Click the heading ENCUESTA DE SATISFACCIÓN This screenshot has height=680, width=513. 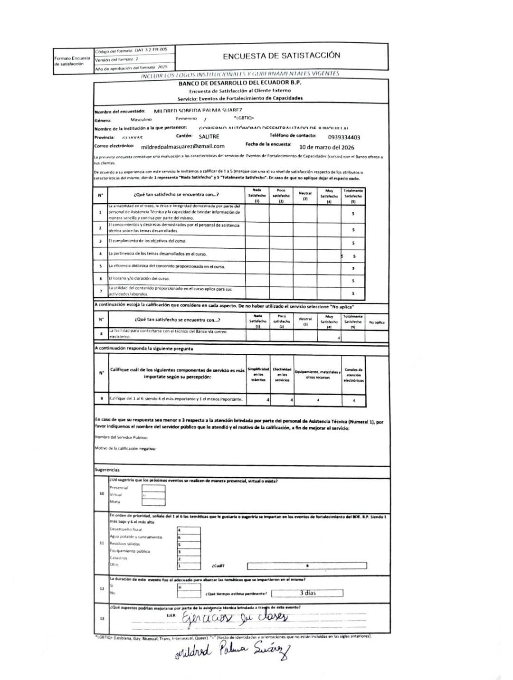281,56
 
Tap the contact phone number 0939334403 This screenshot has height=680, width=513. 344,137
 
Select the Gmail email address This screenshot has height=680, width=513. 183,146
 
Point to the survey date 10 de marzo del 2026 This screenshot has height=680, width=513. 327,147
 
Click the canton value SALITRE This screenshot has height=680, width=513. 209,137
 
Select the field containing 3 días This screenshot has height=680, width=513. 307,593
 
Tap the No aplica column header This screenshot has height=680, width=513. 377,322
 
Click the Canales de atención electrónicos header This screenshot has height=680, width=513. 353,375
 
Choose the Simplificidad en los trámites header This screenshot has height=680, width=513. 258,375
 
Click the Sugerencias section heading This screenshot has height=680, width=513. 107,470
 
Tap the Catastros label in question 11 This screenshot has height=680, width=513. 118,558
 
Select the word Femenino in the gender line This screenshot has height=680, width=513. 186,119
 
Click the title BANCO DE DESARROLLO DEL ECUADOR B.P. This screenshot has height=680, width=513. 240,83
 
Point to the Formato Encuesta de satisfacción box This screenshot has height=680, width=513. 72,61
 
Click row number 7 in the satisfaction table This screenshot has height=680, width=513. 100,291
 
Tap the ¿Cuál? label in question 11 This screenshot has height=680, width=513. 218,566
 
